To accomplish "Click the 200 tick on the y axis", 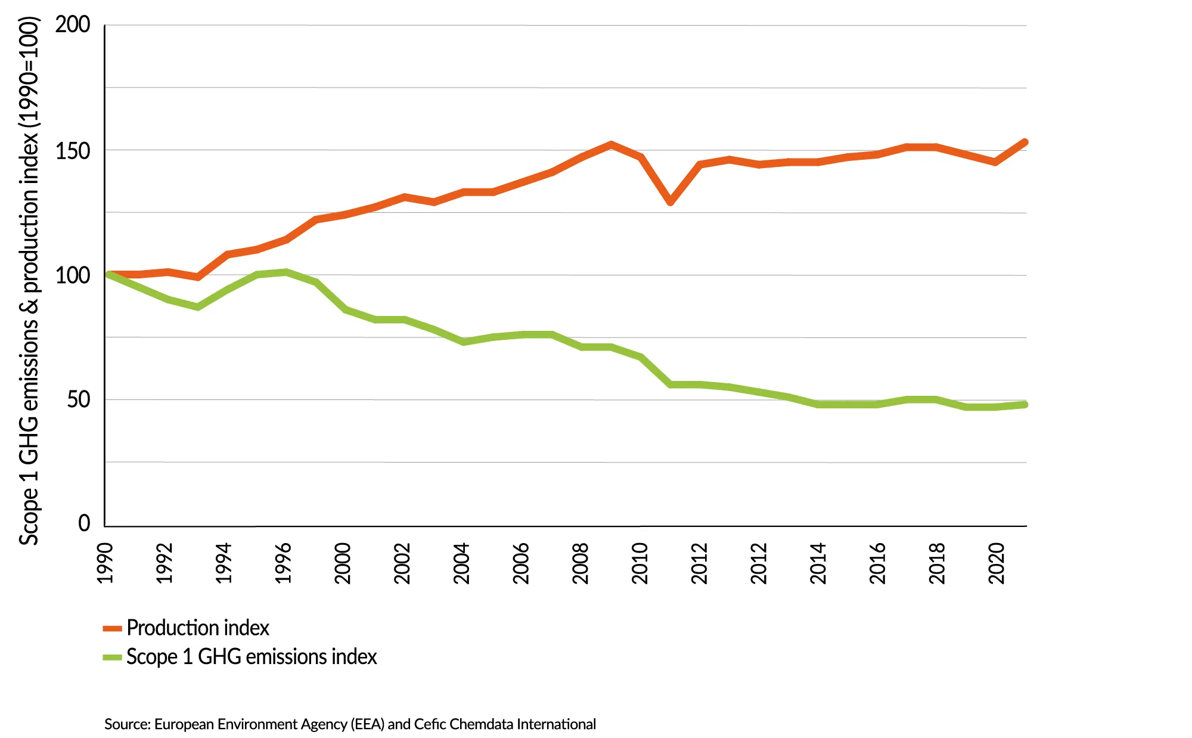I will [73, 25].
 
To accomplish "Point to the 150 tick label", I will [73, 151].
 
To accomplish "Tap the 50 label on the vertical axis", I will [79, 399].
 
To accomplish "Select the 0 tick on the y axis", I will [84, 523].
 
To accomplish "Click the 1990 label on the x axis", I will [105, 563].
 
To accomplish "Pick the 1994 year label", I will [224, 563].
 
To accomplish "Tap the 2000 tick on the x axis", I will [343, 563].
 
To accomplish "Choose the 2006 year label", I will [521, 563].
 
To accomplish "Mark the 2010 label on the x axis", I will [640, 563].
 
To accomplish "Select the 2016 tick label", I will [878, 563].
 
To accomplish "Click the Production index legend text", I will [198, 628].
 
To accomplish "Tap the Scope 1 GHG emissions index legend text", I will [252, 657].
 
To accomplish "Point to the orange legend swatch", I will [112, 628].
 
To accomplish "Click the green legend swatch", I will [112, 658].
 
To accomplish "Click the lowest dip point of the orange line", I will [670, 202].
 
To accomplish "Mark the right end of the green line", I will [1025, 405].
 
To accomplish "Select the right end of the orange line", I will [1025, 142].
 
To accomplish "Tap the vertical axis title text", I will [29, 280].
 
